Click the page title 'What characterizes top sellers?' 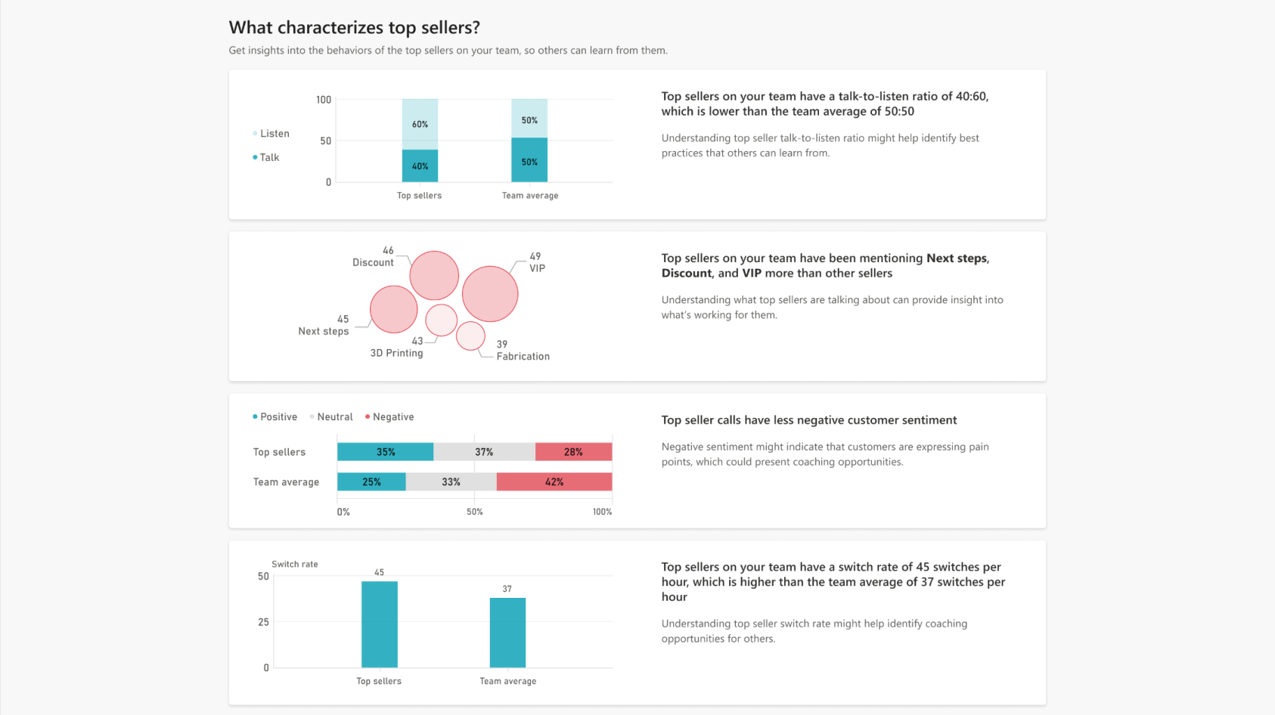click(x=354, y=28)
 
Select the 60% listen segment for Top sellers click(x=420, y=124)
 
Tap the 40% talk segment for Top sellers click(x=420, y=166)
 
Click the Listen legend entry click(x=274, y=134)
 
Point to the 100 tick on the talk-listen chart click(x=324, y=100)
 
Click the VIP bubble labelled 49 click(x=490, y=294)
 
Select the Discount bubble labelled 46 click(x=434, y=276)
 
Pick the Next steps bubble click(x=393, y=309)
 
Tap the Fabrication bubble click(x=470, y=336)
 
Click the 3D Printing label click(x=396, y=353)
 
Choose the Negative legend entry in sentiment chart click(x=392, y=417)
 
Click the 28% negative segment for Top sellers click(x=573, y=452)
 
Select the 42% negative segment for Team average click(x=554, y=481)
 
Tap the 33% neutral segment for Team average click(x=451, y=481)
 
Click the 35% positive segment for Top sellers click(x=385, y=452)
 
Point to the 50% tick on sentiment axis click(x=474, y=512)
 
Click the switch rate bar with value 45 click(x=379, y=624)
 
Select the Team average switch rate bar click(x=507, y=633)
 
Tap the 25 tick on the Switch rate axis click(x=263, y=622)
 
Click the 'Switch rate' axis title click(x=295, y=565)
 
